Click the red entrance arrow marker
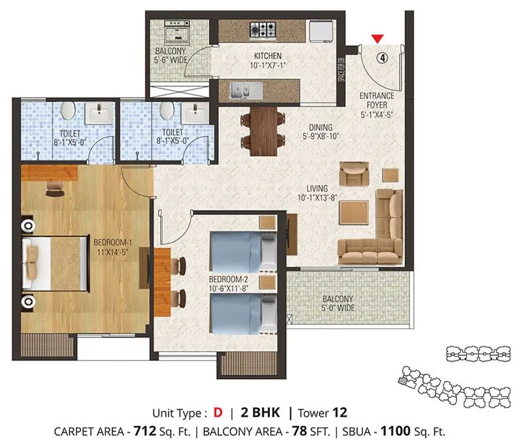click(377, 39)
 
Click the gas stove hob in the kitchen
click(265, 29)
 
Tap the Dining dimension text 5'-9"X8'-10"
click(320, 136)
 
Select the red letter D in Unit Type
click(218, 413)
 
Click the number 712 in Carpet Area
click(146, 431)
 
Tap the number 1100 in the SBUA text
click(396, 431)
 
